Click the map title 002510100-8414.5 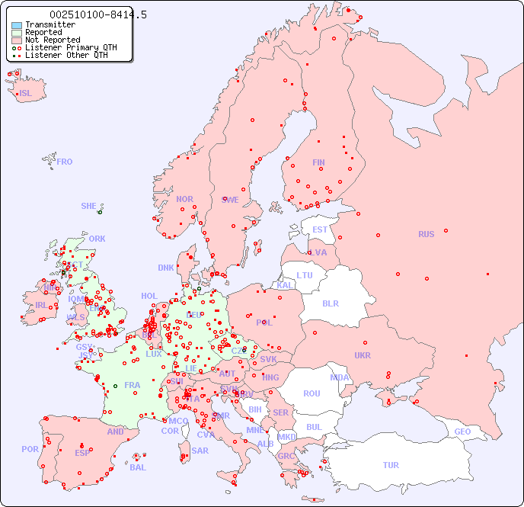[97, 14]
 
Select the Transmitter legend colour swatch [17, 25]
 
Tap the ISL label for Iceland [25, 94]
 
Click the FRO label [65, 162]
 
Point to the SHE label [88, 206]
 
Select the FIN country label [318, 162]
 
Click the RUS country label [426, 234]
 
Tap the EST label [320, 229]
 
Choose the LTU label [305, 275]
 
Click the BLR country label [330, 303]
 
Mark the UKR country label [362, 355]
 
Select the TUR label [391, 465]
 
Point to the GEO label [462, 432]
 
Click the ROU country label [312, 393]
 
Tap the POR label [30, 449]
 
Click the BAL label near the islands [137, 467]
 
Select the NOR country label [184, 199]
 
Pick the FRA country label [133, 385]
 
